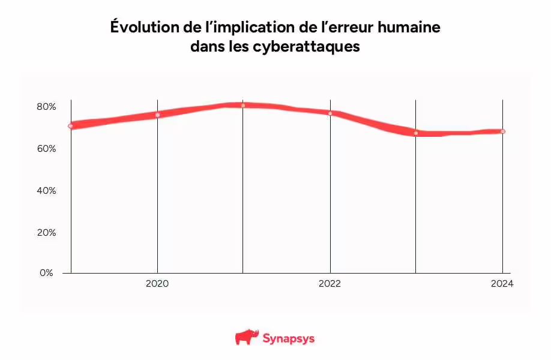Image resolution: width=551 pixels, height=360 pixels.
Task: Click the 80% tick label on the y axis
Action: coord(46,107)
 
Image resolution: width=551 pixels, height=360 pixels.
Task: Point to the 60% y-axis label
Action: coord(46,149)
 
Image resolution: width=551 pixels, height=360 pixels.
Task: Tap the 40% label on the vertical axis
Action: coord(46,191)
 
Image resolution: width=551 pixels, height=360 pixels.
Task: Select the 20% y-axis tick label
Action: coord(46,233)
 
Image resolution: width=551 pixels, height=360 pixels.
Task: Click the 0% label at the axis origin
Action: coord(47,273)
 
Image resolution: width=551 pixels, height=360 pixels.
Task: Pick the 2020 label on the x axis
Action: coord(157,284)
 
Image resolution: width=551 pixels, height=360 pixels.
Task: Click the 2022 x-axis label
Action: coord(330,284)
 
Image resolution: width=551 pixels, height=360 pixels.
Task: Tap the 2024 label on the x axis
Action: coord(502,284)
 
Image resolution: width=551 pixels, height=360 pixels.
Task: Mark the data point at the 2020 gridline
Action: coord(157,115)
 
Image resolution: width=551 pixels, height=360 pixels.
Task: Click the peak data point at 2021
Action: coord(243,106)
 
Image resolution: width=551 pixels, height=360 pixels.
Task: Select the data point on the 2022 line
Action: coord(330,113)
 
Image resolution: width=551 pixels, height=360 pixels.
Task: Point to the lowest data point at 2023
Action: coord(415,133)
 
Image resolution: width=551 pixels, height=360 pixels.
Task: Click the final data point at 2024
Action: coord(502,131)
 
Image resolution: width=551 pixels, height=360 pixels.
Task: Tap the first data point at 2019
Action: coord(71,126)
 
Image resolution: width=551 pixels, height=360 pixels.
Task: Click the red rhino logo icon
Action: coord(245,338)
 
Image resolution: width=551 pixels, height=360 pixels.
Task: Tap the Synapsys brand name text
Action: coord(288,338)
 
